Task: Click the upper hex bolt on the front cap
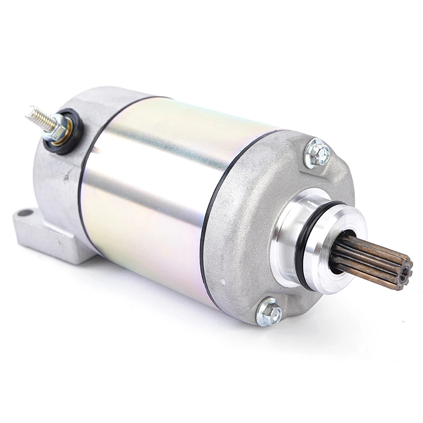pyautogui.click(x=318, y=153)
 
